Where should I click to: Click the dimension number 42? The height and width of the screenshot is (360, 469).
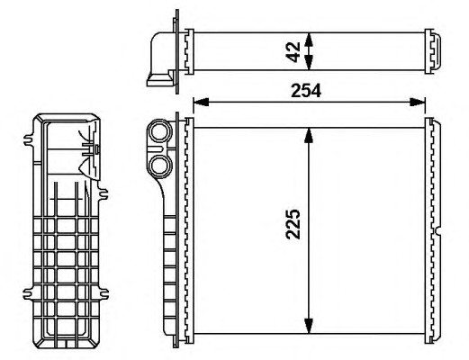tap(293, 52)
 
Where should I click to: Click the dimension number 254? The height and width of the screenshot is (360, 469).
tap(306, 91)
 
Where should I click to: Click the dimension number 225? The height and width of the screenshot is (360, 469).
tap(293, 224)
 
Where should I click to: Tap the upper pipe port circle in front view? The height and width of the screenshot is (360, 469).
tap(159, 130)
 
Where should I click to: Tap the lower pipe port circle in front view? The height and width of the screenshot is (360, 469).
tap(159, 166)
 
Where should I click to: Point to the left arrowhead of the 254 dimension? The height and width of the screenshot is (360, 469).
tap(201, 102)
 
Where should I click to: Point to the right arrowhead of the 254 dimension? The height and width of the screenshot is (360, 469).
tap(418, 102)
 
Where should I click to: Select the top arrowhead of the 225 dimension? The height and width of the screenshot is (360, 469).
tap(309, 136)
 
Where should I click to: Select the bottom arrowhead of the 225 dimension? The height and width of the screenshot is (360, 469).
tap(309, 326)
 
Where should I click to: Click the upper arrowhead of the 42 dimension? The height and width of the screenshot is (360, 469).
tap(309, 40)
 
